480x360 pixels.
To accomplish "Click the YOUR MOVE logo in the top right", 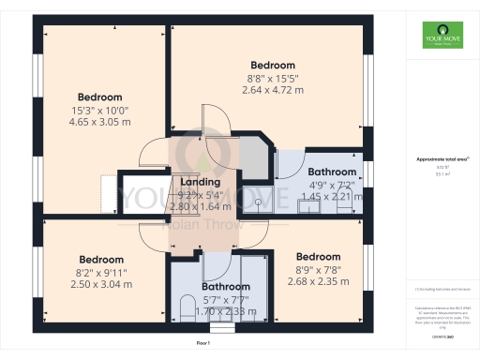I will pyautogui.click(x=442, y=38).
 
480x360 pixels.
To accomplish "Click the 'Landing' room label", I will pyautogui.click(x=201, y=182).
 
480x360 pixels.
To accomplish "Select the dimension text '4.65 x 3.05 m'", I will pyautogui.click(x=100, y=121).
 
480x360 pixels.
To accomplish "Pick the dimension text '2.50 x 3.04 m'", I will pyautogui.click(x=101, y=283).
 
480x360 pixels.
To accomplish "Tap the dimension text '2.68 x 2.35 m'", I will pyautogui.click(x=318, y=280).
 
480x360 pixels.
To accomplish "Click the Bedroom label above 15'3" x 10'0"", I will pyautogui.click(x=100, y=97).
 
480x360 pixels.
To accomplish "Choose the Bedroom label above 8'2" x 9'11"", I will pyautogui.click(x=101, y=260).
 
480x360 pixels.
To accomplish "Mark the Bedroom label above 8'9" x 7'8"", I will pyautogui.click(x=318, y=257).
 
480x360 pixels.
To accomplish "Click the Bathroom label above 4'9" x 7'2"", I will pyautogui.click(x=333, y=172).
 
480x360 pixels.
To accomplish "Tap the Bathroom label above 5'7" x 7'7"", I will pyautogui.click(x=225, y=287).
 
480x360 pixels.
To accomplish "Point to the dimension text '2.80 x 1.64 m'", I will pyautogui.click(x=201, y=205).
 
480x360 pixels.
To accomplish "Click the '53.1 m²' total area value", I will pyautogui.click(x=441, y=174).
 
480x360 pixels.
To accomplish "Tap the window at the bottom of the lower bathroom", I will pyautogui.click(x=221, y=328).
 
